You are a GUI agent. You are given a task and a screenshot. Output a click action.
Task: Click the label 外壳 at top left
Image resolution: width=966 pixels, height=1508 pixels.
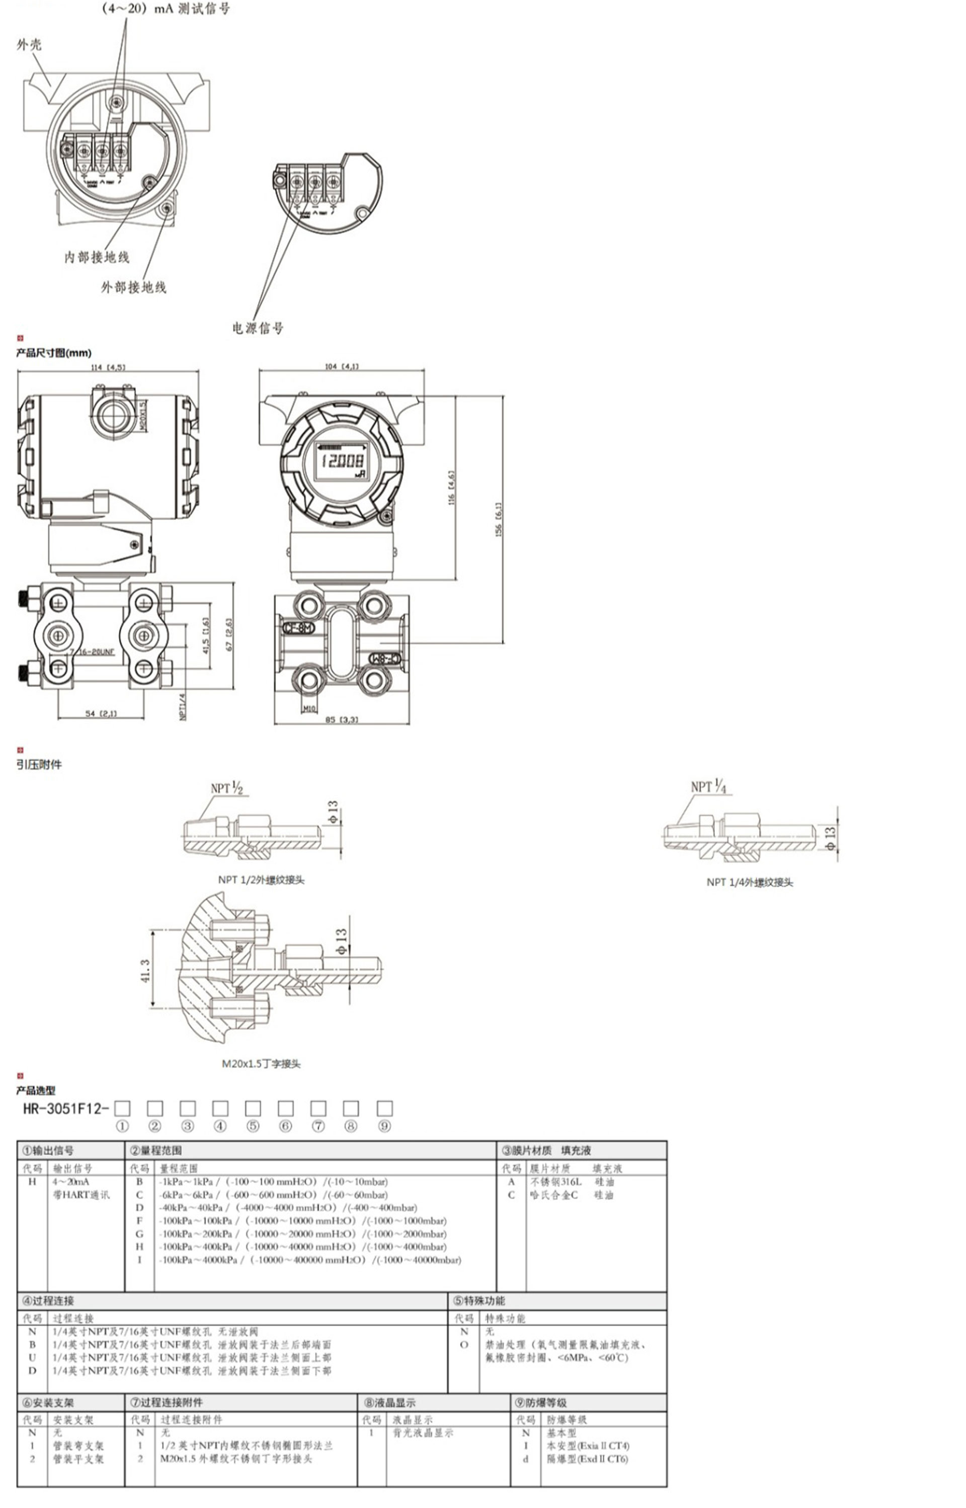pos(29,45)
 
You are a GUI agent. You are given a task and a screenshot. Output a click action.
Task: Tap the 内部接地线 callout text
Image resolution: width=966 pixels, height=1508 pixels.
pos(97,257)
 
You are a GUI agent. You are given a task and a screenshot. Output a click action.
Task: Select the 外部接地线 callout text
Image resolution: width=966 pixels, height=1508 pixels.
pos(134,287)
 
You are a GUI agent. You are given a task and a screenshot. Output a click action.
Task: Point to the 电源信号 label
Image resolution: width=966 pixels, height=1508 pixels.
pos(258,327)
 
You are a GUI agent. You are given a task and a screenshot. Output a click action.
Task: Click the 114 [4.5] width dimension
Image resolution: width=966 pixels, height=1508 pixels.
pos(108,367)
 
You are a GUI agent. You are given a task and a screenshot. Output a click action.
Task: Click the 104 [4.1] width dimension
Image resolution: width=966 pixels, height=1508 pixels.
pos(342,366)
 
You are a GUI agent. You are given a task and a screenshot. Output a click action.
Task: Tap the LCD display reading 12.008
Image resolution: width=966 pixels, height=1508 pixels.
pos(342,462)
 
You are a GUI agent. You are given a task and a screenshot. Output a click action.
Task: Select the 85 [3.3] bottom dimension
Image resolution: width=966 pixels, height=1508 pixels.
pos(342,719)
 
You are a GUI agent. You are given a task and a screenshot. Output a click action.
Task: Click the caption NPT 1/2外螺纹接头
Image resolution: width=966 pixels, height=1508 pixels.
pos(261,880)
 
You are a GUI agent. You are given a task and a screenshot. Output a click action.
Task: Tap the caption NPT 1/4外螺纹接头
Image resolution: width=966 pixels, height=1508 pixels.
pos(750,882)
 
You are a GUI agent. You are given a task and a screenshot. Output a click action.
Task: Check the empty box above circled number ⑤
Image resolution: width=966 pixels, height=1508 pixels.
pos(253,1108)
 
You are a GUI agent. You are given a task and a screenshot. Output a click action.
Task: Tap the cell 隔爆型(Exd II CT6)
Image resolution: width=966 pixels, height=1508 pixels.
pos(587,1459)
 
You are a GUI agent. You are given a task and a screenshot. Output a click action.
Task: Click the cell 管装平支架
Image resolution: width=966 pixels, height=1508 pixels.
pos(78,1459)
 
